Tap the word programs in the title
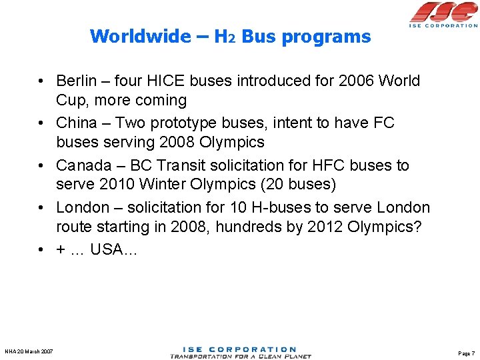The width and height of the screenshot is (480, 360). [326, 37]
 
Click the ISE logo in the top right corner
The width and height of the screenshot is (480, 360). [443, 14]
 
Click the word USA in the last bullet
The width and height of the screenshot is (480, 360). [108, 249]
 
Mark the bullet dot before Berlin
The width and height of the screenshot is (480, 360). [41, 82]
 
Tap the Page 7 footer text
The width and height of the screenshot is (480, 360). [467, 353]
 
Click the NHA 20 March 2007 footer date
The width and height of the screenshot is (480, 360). [29, 352]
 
